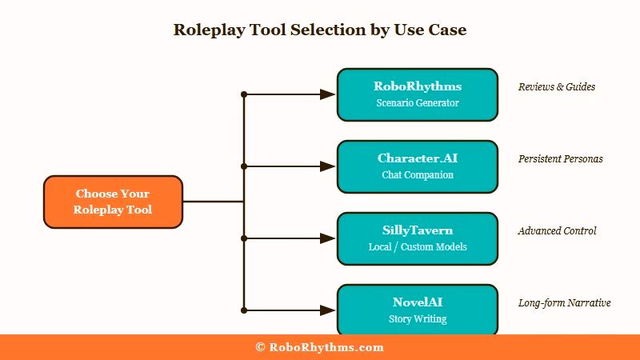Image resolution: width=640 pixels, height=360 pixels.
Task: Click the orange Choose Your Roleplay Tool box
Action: point(113,202)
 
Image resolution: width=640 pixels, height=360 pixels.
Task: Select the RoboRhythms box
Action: point(418,94)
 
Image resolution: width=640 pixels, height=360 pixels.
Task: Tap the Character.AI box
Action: point(418,166)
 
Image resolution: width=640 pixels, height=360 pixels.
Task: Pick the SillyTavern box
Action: point(418,238)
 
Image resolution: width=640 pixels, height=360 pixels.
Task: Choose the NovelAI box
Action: point(418,310)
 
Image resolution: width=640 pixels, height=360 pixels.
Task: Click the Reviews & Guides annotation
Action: point(557,86)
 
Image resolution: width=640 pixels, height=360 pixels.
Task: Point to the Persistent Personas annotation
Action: point(560,158)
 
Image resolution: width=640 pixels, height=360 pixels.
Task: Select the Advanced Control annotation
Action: point(557,230)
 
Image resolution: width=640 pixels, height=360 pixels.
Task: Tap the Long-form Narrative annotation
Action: point(564,302)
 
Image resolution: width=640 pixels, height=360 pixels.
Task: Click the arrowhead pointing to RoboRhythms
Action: point(328,94)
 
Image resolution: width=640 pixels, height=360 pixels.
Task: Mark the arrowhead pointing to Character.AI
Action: point(328,166)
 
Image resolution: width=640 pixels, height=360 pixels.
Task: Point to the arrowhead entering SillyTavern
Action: point(328,238)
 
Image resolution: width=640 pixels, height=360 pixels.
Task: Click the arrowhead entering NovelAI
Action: point(328,310)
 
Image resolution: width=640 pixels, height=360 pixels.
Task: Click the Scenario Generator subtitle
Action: point(418,103)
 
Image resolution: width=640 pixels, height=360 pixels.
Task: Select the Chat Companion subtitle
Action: point(418,175)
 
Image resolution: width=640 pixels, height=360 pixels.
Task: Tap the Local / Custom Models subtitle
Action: point(418,247)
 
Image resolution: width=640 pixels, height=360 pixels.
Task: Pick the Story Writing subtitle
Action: point(418,319)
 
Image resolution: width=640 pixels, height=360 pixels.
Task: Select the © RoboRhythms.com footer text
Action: point(320,347)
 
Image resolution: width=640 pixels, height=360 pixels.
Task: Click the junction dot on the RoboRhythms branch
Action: point(244,94)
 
